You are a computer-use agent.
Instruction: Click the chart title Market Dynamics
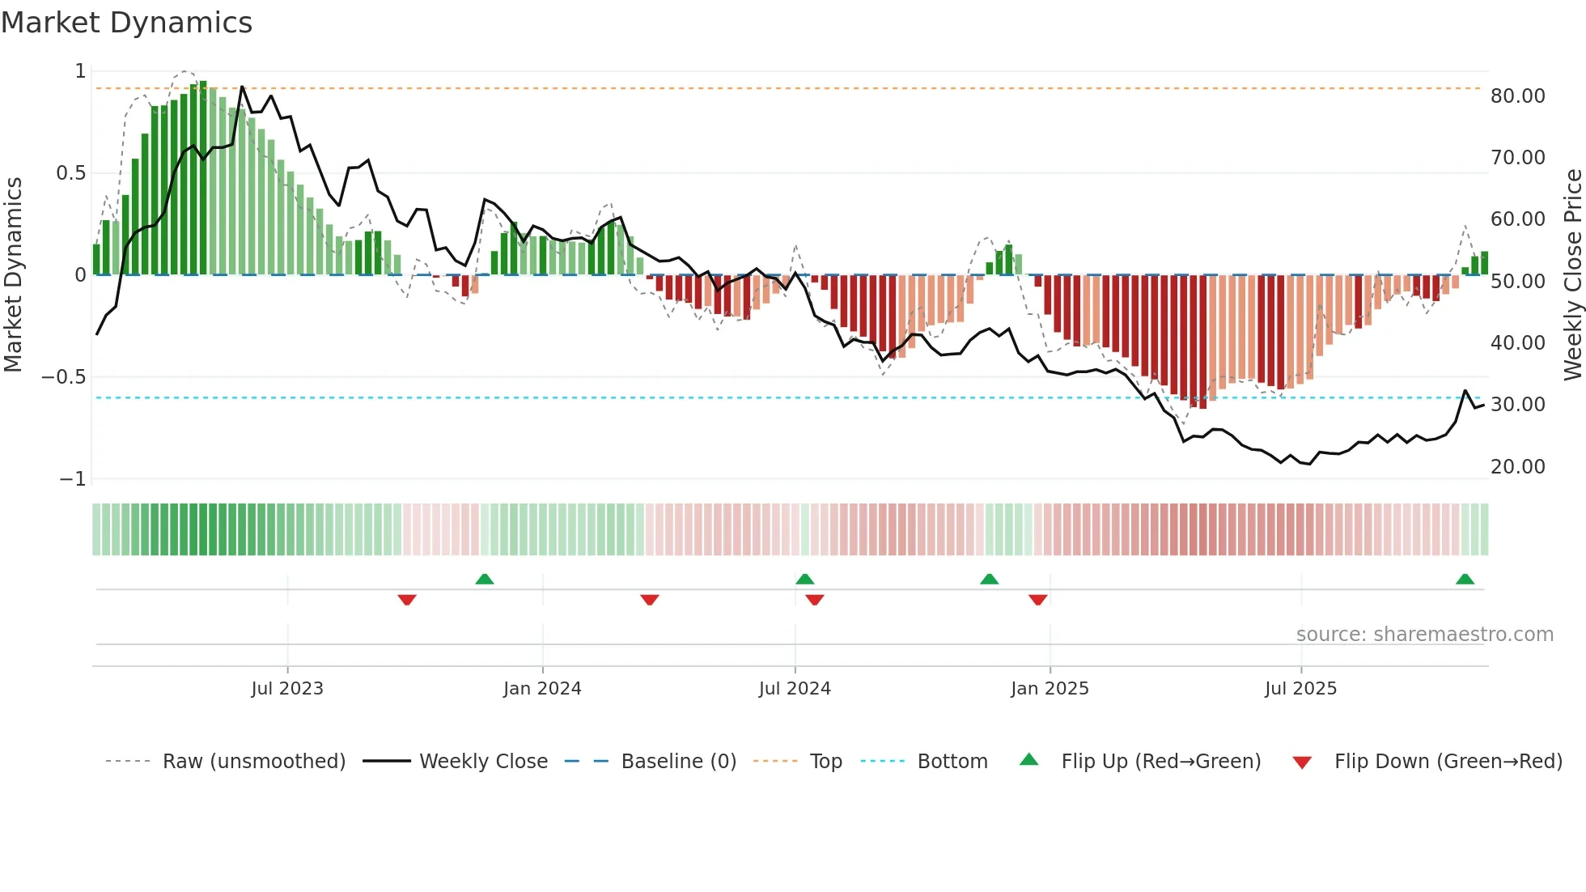tap(127, 23)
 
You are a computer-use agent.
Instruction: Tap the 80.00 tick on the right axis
tap(1517, 96)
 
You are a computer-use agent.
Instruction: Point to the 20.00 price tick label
tap(1517, 467)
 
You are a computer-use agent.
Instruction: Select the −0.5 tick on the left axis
tap(63, 377)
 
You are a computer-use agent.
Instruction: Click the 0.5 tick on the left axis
tap(70, 173)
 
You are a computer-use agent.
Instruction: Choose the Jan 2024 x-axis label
tap(542, 689)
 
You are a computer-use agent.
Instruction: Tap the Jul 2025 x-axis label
tap(1300, 689)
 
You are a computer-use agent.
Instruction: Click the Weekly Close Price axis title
tap(1572, 274)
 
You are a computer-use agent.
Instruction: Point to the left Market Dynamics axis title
tap(13, 274)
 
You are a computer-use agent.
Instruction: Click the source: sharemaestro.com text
tap(1424, 635)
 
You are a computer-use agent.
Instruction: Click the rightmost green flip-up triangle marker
tap(1465, 579)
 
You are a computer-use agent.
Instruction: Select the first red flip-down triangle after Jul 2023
tap(407, 600)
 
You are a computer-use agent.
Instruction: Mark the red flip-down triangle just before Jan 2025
tap(1038, 600)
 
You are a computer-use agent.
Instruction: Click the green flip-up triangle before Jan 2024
tap(485, 579)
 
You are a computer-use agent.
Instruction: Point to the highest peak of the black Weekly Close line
tap(242, 87)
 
